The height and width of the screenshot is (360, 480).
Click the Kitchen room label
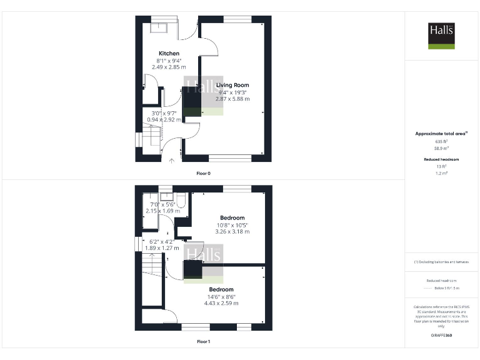169,54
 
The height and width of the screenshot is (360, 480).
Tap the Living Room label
232,85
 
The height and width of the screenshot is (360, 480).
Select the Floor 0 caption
203,172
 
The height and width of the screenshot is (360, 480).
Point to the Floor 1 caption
203,342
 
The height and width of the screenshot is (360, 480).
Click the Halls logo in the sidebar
441,36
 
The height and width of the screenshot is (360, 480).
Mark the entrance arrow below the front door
172,161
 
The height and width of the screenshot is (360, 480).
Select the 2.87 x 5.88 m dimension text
232,99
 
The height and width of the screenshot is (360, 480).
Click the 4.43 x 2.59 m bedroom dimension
221,303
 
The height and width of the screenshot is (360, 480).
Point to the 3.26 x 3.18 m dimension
232,231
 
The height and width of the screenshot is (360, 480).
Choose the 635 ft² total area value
441,142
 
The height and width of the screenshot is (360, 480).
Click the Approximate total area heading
441,134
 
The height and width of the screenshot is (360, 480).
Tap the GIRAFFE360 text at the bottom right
441,336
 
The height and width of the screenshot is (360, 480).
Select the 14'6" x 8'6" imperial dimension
221,296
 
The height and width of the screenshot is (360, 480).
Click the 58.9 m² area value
441,149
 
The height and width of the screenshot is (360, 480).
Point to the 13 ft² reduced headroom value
441,166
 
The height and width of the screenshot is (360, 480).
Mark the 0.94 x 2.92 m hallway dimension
164,119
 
